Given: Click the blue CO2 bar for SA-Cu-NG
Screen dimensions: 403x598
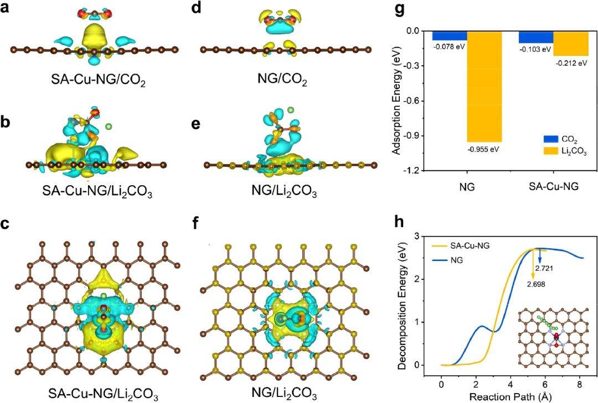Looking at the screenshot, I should tap(535, 37).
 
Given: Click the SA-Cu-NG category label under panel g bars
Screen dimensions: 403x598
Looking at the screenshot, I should tap(553, 187).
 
